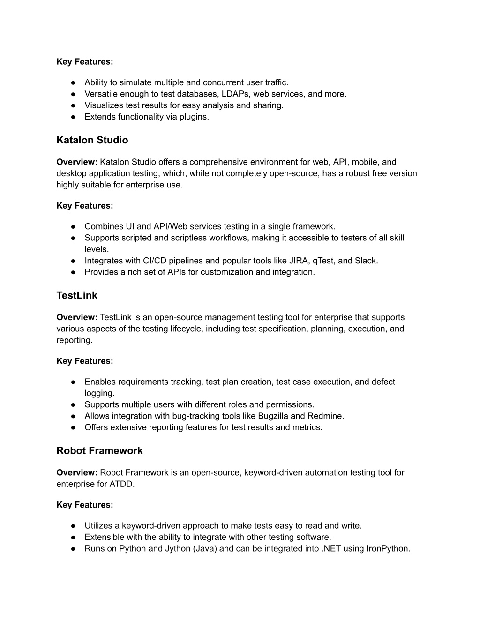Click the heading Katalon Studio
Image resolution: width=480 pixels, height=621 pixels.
[x=92, y=140]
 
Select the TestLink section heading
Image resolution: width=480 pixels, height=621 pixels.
[x=77, y=295]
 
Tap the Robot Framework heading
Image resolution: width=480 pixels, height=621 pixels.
[x=99, y=450]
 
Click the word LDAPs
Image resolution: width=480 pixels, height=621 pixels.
[x=235, y=94]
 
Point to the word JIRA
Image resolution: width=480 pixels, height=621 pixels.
[x=299, y=261]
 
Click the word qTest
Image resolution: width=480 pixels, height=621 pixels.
[x=323, y=261]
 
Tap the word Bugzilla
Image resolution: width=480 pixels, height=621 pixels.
[x=273, y=416]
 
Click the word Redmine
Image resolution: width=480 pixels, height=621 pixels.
[x=325, y=416]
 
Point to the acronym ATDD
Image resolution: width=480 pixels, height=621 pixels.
[x=121, y=484]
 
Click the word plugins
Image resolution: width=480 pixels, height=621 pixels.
[x=194, y=117]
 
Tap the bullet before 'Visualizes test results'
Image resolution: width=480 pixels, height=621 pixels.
[x=74, y=105]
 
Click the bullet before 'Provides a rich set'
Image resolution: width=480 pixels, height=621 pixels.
[x=74, y=272]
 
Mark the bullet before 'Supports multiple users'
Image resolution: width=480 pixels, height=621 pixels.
[x=74, y=404]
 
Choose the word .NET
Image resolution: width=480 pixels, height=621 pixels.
[x=331, y=548]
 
